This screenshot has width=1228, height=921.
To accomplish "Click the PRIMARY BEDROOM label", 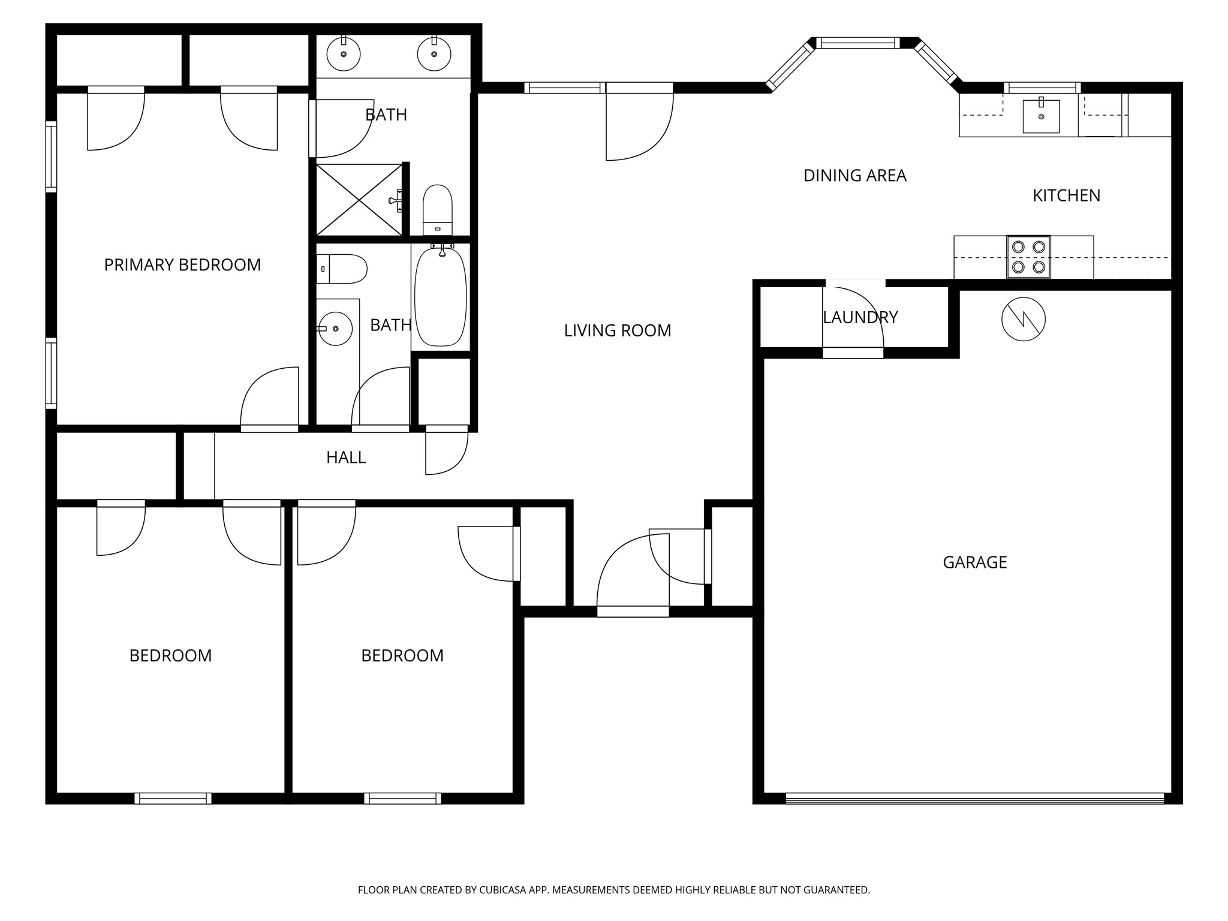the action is coord(182,264).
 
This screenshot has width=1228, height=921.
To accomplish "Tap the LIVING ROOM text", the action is coord(618,330).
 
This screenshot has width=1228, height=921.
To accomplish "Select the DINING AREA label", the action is coord(855,176).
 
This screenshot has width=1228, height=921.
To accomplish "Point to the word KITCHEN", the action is coord(1066,195).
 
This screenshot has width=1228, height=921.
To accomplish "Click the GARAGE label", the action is coord(975,562).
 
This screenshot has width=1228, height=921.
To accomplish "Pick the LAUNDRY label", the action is coord(860,317).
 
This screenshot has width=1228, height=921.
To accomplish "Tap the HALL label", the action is coord(346,458).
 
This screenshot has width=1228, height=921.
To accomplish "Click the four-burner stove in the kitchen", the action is coord(1028,257).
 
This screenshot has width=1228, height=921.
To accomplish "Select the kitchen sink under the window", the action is coord(1041,115).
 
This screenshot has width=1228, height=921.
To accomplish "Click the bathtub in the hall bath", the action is coord(441,296).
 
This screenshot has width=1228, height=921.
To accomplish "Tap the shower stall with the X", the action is coord(359,200).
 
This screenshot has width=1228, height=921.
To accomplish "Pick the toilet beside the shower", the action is coord(438,210).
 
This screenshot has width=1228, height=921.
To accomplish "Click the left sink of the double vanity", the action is coord(344,54).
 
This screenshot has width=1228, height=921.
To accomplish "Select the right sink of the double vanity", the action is coord(434,54).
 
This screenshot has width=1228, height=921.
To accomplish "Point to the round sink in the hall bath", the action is coord(335,329).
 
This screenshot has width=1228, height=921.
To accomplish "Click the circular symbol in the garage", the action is coord(1024,319).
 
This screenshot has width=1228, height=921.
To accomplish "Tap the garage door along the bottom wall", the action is coord(975,798).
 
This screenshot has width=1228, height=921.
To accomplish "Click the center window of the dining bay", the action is coord(859,43).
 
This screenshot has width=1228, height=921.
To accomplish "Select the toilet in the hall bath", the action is coord(342,269).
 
